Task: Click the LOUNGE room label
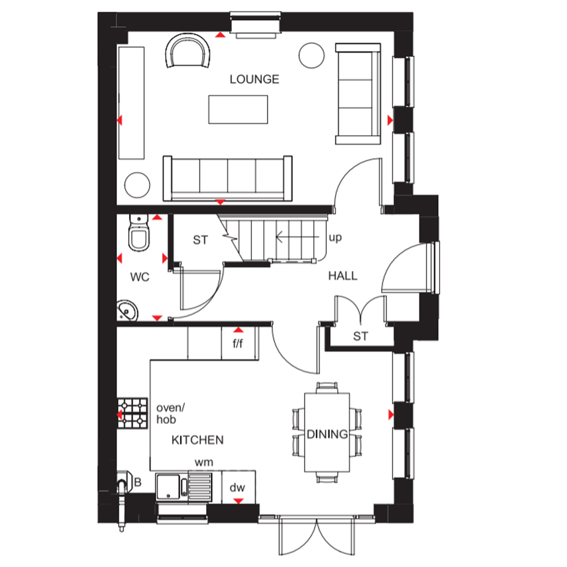point(255,79)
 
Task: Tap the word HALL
point(343,276)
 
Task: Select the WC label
point(140,277)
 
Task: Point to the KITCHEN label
point(198,440)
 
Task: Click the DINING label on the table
point(327,434)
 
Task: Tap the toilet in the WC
point(139,233)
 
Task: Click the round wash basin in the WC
point(127,311)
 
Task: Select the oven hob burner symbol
point(133,413)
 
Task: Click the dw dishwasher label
point(237,487)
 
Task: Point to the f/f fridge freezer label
point(238,343)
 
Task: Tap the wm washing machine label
point(204,462)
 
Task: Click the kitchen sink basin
point(168,487)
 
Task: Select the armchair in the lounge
point(188,50)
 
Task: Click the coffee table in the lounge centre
point(238,110)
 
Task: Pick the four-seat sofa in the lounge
point(228,178)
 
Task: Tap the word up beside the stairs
point(335,238)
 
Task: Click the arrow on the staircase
point(297,238)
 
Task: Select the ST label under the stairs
point(200,240)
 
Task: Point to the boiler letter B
point(137,482)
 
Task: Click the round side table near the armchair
point(311,55)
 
